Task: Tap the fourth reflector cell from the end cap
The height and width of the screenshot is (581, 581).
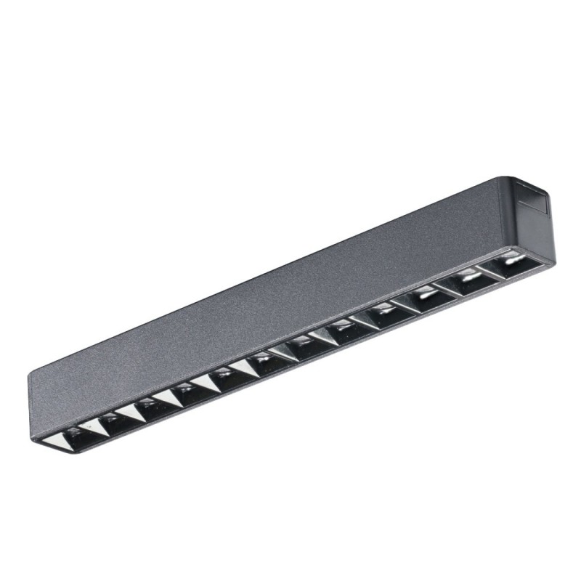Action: tap(386, 313)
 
